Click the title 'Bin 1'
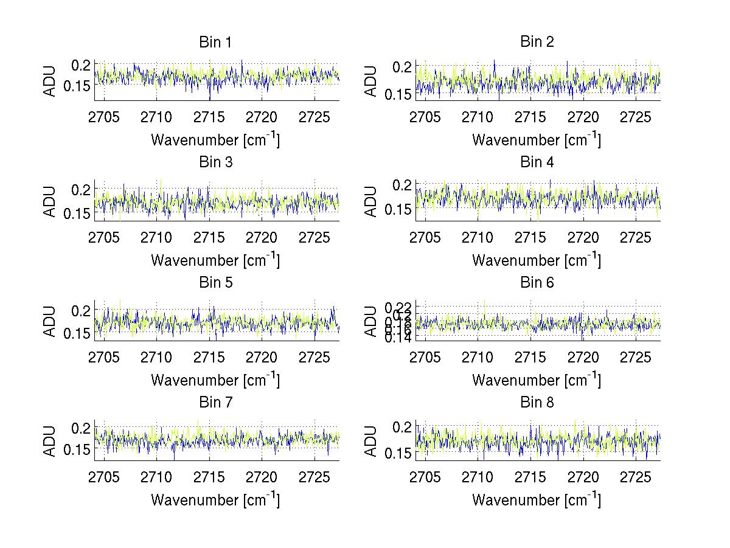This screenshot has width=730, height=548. tap(215, 43)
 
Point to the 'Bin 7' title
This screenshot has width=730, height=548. tap(215, 403)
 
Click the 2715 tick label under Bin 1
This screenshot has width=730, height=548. tap(209, 117)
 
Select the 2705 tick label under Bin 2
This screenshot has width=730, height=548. tap(425, 117)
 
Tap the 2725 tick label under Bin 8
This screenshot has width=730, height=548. tap(636, 477)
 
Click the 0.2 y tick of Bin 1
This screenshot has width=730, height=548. tap(82, 64)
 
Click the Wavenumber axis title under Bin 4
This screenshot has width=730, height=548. tap(537, 260)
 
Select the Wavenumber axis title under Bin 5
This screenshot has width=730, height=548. tap(215, 380)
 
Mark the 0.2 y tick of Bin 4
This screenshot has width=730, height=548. tap(403, 184)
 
